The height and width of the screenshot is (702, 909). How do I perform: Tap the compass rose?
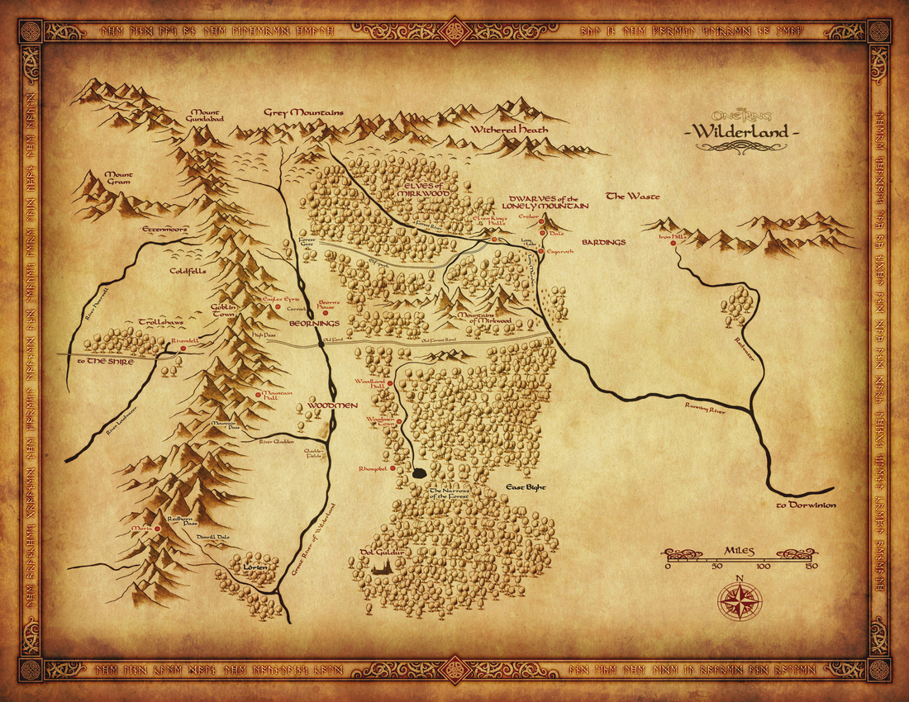(740, 600)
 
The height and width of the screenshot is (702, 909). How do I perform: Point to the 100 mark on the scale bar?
(762, 567)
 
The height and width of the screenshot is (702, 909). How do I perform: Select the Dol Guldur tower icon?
(383, 565)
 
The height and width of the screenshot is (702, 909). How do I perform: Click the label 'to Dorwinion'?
(806, 505)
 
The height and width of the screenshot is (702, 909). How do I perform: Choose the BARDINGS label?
(604, 243)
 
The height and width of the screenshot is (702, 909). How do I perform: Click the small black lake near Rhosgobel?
(419, 474)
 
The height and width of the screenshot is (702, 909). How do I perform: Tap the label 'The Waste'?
(627, 196)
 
